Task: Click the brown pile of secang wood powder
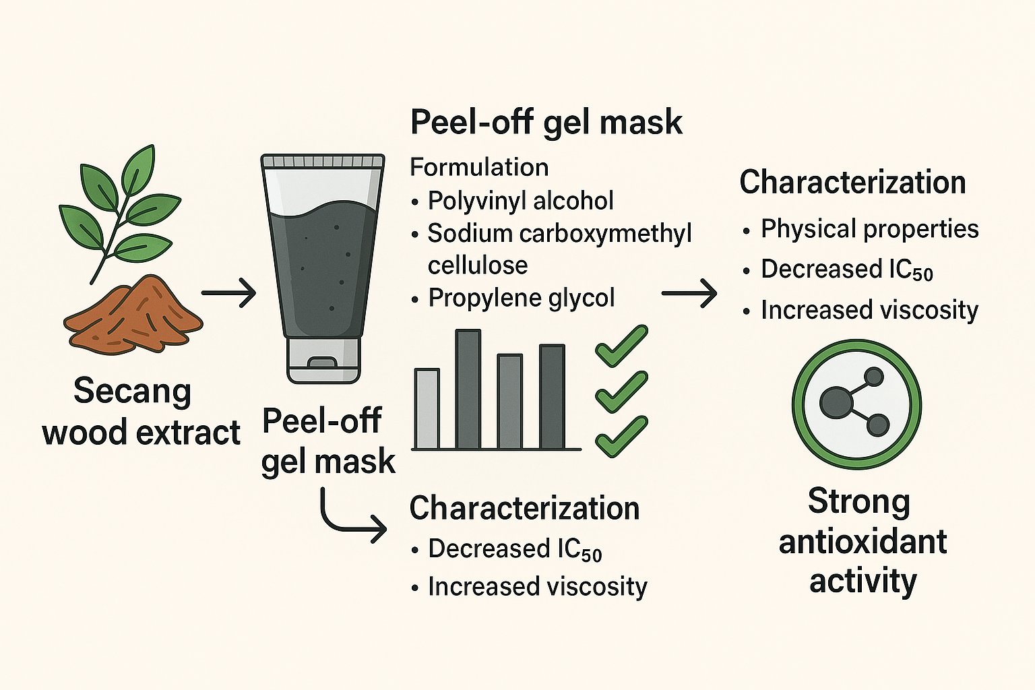click(x=133, y=317)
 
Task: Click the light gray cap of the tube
click(x=323, y=360)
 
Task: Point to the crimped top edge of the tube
click(x=323, y=161)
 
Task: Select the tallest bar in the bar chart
click(x=468, y=389)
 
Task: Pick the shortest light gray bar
click(x=427, y=408)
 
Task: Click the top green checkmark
click(x=621, y=346)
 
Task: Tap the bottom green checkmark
click(x=621, y=436)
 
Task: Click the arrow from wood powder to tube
click(x=228, y=293)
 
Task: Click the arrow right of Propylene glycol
click(x=689, y=293)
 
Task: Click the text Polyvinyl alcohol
click(x=520, y=201)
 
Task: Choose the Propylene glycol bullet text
click(x=522, y=298)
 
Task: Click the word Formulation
click(x=479, y=167)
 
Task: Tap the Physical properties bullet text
click(x=869, y=229)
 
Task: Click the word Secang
click(x=133, y=391)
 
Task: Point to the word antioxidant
click(x=862, y=542)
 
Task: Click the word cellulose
click(x=478, y=265)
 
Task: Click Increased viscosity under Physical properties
click(x=869, y=310)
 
